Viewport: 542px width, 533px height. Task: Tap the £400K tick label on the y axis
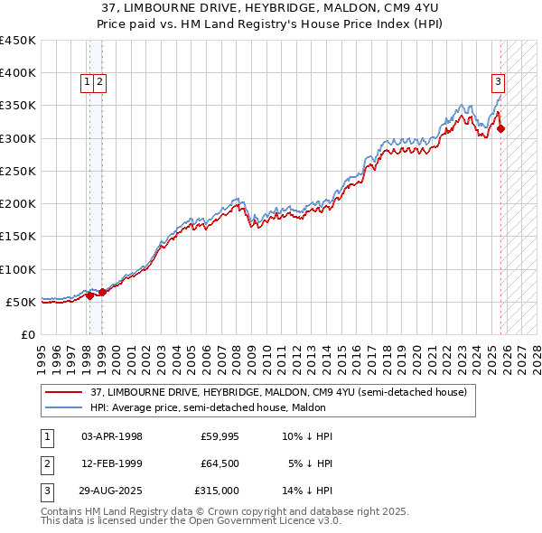point(18,73)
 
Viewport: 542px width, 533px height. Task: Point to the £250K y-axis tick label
point(18,171)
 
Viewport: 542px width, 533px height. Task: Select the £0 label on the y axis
point(27,334)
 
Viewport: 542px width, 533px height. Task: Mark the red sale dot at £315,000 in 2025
point(501,129)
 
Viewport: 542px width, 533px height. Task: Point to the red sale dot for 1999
point(102,292)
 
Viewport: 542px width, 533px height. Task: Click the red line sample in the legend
point(65,392)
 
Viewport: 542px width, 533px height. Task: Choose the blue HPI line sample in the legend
point(65,407)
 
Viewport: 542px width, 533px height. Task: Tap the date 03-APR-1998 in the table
point(112,436)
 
